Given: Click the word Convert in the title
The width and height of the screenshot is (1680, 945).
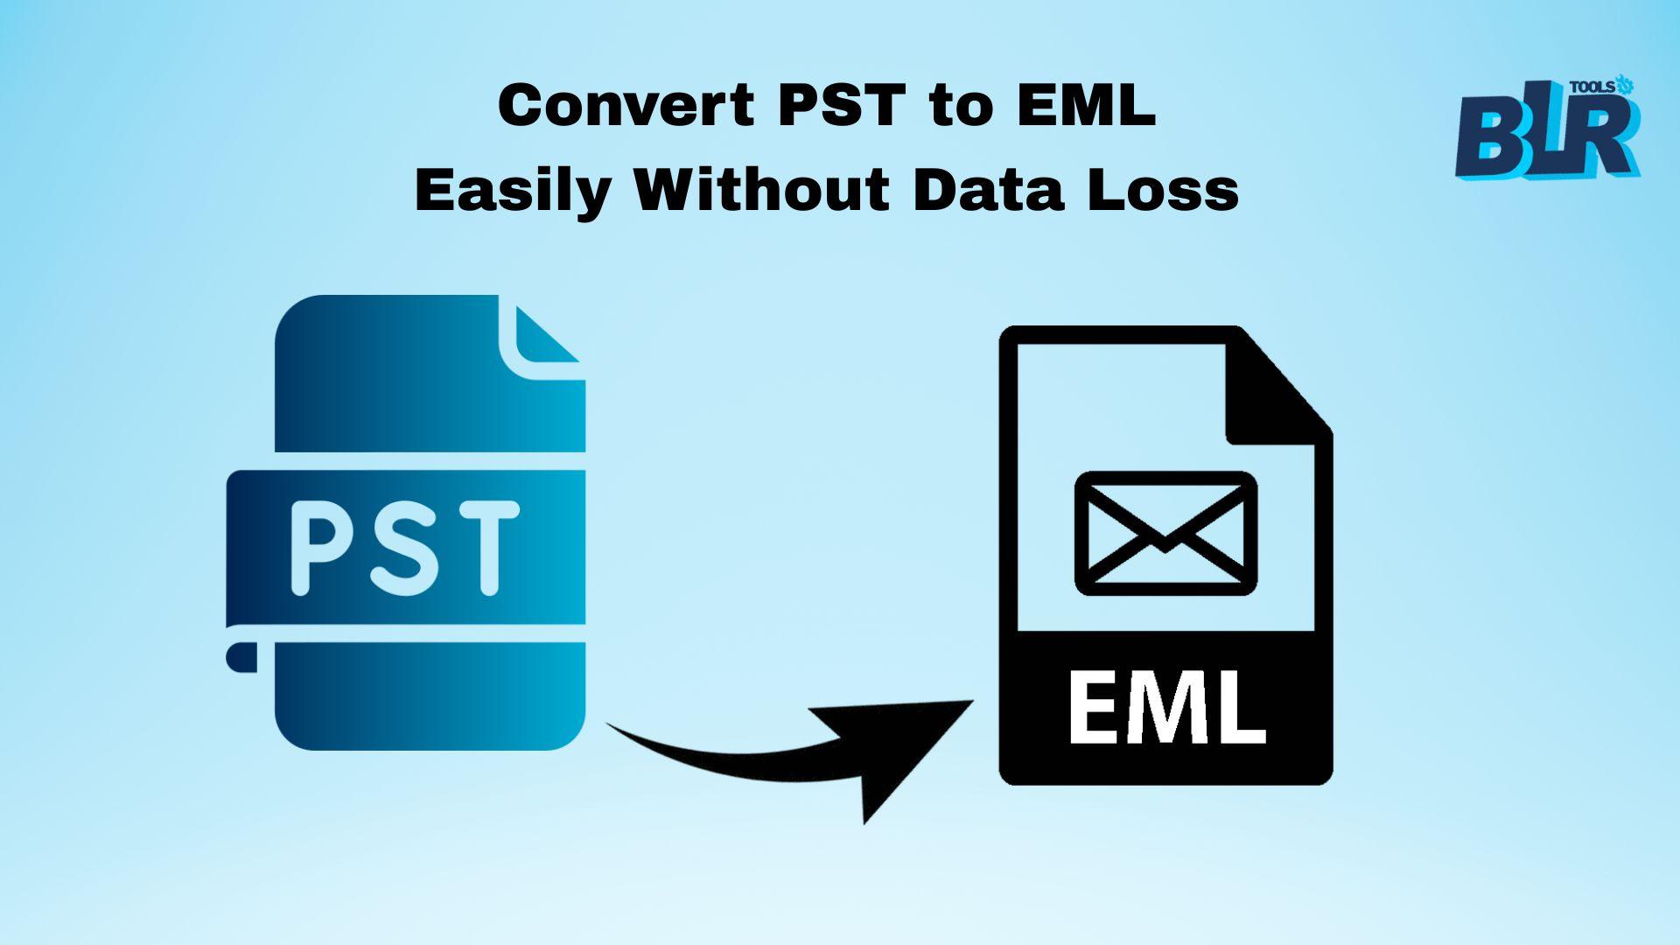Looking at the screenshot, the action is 626,106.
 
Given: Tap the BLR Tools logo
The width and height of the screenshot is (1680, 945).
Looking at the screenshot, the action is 1547,127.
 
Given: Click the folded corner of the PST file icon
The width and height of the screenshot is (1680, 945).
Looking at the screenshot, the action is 540,336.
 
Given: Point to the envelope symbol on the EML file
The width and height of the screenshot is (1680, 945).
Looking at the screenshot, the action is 1165,534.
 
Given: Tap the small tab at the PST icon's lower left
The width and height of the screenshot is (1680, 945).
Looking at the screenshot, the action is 242,657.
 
